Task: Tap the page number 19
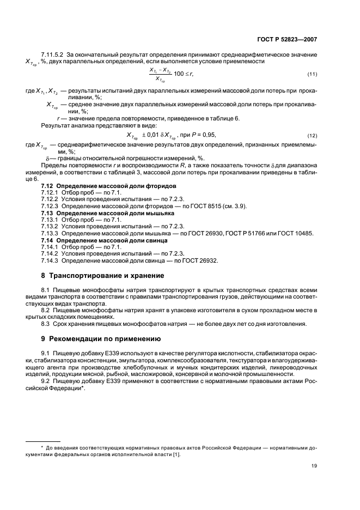(314, 465)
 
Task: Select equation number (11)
(312, 74)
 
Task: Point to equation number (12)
(312, 135)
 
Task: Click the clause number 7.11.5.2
(53, 55)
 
